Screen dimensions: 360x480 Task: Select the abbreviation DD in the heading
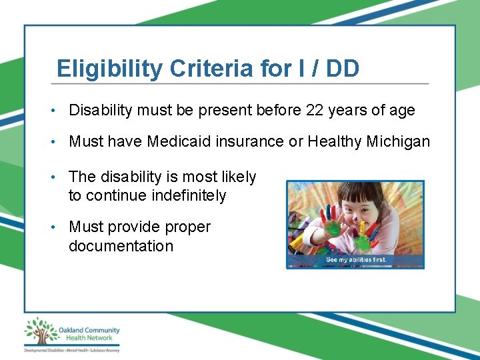tap(343, 69)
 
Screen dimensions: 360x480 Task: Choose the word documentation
tap(121, 246)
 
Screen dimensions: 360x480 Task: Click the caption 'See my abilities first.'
tap(355, 259)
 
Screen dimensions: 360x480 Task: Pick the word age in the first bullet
tap(402, 110)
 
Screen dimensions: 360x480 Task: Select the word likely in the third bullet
tap(239, 177)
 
